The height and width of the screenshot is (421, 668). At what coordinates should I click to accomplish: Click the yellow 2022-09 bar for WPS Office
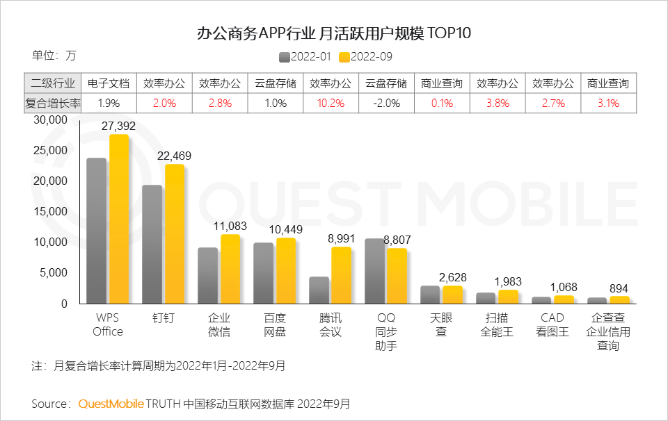[x=119, y=219]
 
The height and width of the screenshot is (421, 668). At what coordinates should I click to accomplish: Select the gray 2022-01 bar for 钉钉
[x=152, y=244]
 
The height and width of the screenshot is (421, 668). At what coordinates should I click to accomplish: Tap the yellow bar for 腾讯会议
[x=341, y=275]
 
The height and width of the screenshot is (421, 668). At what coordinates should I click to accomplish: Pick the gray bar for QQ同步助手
[x=374, y=271]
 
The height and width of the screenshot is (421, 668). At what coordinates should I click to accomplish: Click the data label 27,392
[x=118, y=126]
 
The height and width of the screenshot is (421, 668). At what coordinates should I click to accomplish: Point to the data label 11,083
[x=230, y=226]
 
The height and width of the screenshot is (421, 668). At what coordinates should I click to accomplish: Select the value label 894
[x=619, y=288]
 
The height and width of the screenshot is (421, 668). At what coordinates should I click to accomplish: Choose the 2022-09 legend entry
[x=366, y=57]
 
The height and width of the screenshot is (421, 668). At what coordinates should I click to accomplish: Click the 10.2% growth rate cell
[x=331, y=103]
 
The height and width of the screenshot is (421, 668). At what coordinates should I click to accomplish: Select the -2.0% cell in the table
[x=386, y=103]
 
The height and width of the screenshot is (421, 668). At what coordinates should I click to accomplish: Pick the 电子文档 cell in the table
[x=109, y=83]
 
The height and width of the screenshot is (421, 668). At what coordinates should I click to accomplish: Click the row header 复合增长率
[x=53, y=103]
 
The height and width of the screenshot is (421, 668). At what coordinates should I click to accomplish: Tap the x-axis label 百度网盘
[x=274, y=324]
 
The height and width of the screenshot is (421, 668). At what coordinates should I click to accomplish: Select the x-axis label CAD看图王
[x=552, y=324]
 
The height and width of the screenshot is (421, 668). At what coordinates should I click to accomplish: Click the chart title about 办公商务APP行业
[x=333, y=33]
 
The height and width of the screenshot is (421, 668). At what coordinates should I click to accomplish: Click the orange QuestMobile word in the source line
[x=111, y=404]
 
